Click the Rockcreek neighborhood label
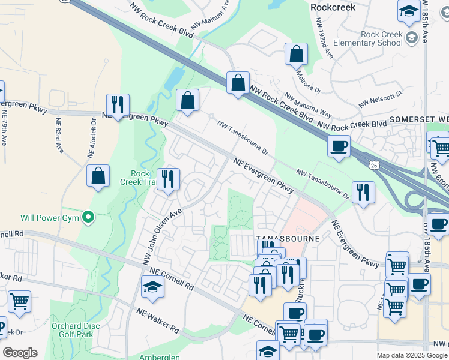(333, 7)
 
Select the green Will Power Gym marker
(89, 217)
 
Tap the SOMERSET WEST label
(418, 119)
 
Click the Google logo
(19, 353)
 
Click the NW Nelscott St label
(379, 99)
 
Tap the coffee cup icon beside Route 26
(339, 146)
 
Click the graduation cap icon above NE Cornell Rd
(152, 287)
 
